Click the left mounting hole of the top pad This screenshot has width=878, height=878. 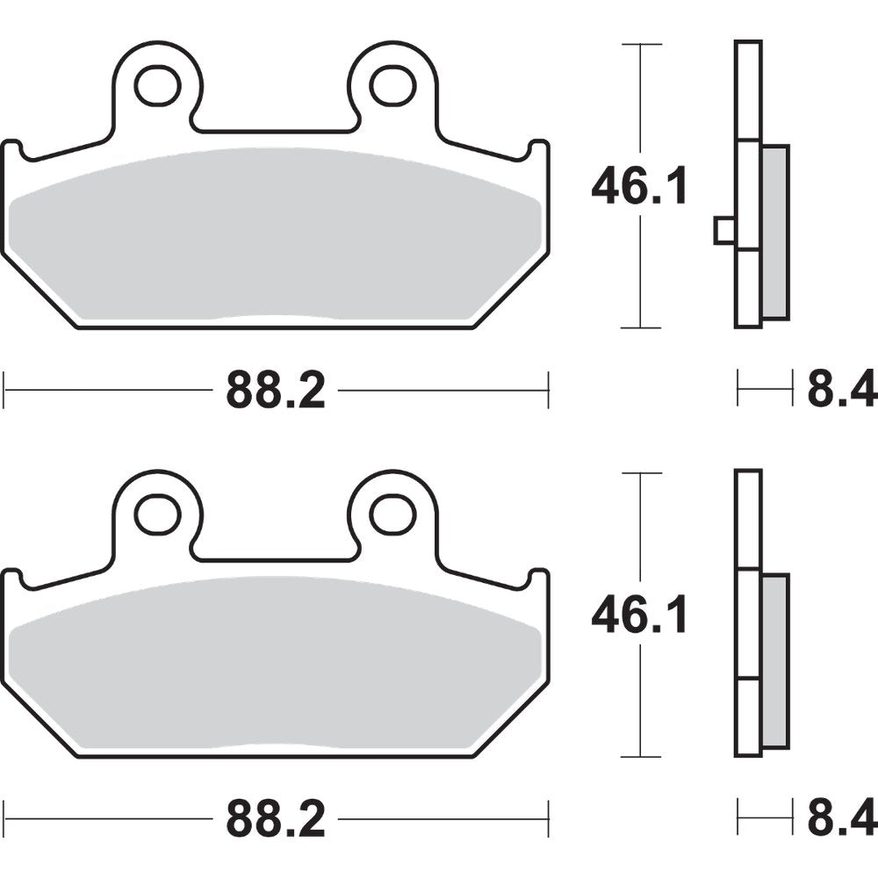(158, 84)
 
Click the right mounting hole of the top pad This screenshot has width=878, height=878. (392, 84)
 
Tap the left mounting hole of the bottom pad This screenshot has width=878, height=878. (158, 514)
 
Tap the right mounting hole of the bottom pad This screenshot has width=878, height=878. (392, 514)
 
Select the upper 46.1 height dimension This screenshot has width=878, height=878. (638, 187)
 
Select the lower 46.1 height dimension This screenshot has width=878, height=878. (638, 616)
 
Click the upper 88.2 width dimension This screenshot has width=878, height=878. (276, 389)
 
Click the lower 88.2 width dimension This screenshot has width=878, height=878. (276, 819)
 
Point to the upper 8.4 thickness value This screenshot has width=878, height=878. (841, 389)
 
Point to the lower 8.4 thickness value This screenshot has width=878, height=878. (841, 819)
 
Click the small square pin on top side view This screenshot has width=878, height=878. (724, 230)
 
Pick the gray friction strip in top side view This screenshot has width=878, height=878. (774, 233)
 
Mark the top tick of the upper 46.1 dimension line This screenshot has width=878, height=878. (641, 43)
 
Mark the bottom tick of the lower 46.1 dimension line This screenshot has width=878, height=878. (641, 757)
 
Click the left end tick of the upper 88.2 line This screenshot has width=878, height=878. (4, 389)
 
